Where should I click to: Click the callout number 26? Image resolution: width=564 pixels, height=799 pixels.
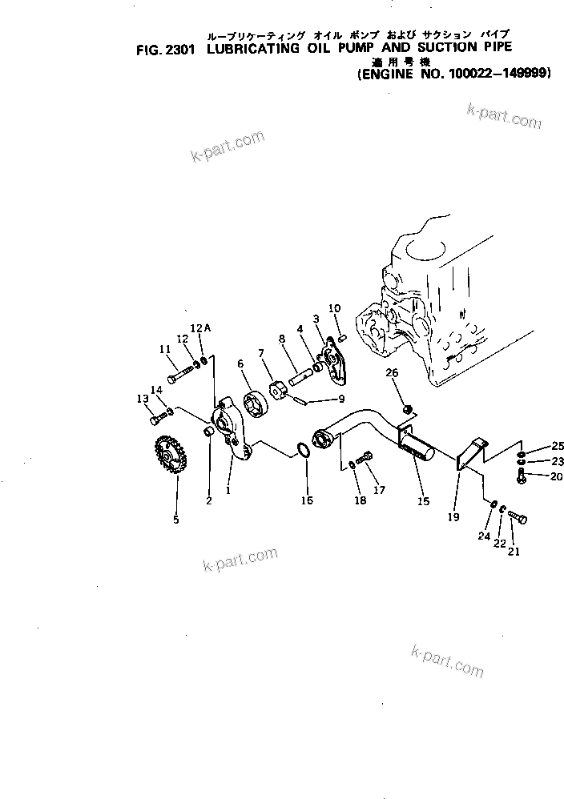click(392, 373)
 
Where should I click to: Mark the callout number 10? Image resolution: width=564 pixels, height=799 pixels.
click(334, 308)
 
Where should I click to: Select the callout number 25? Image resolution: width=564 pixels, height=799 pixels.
click(558, 445)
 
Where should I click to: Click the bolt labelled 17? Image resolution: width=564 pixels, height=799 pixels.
click(365, 459)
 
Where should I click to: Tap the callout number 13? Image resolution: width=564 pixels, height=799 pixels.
click(142, 399)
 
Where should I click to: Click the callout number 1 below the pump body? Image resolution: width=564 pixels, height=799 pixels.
click(228, 491)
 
